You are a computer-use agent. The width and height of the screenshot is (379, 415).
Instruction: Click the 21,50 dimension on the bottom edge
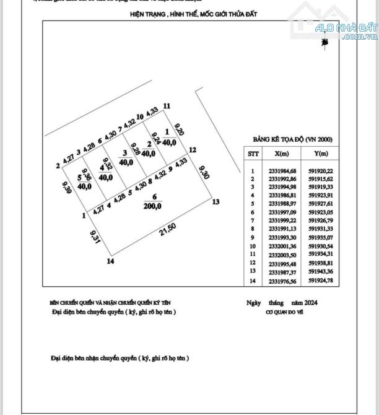point(162,230)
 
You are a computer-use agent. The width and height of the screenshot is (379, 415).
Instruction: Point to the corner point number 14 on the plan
point(110,261)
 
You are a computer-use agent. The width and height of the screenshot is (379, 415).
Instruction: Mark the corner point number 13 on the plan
point(216,202)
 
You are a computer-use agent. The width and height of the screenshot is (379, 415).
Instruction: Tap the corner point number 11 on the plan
point(166,106)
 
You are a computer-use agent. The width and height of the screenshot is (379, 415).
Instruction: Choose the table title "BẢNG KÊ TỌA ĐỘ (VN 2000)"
point(292,141)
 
